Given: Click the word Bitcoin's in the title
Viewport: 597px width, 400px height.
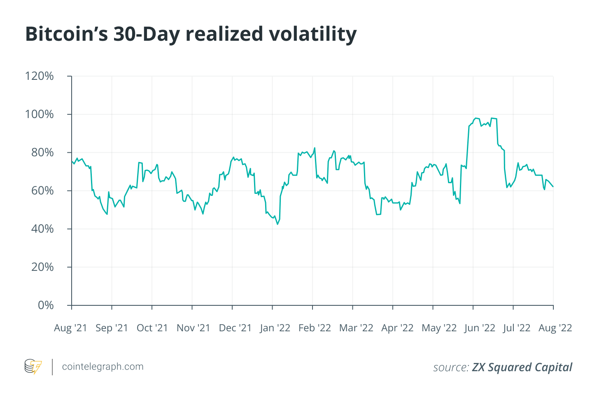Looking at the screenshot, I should pyautogui.click(x=66, y=34).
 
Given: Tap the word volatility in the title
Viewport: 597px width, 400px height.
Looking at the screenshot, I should pyautogui.click(x=312, y=34).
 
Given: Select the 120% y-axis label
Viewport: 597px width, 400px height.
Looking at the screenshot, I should pyautogui.click(x=39, y=76).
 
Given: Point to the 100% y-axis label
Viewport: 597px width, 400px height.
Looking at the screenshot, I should pyautogui.click(x=39, y=114).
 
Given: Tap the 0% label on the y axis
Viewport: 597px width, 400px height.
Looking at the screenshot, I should pyautogui.click(x=45, y=305).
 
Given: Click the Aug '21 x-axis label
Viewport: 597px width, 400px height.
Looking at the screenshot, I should pyautogui.click(x=70, y=328).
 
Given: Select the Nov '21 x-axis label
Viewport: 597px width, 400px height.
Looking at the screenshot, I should pyautogui.click(x=193, y=328).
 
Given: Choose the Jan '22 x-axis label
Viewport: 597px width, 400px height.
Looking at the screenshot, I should pyautogui.click(x=275, y=328).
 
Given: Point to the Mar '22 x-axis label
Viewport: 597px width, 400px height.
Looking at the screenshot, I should pyautogui.click(x=356, y=328).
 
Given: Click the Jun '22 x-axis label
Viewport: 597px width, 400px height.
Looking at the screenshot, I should pyautogui.click(x=479, y=328).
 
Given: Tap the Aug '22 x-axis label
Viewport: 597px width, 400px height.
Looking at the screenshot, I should pyautogui.click(x=555, y=328).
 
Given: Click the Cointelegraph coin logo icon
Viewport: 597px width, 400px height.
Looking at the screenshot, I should pyautogui.click(x=33, y=367).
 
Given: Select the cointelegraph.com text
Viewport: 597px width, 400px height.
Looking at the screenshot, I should pyautogui.click(x=103, y=367).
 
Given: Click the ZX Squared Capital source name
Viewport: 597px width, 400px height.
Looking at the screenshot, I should pyautogui.click(x=522, y=367).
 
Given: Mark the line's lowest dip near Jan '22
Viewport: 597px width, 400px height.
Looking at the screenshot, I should pyautogui.click(x=278, y=224).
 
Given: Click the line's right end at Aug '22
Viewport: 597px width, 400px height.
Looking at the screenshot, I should pyautogui.click(x=553, y=186).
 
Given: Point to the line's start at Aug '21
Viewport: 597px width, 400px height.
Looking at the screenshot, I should pyautogui.click(x=72, y=161).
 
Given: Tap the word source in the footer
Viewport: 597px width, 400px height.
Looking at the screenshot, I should pyautogui.click(x=450, y=367).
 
